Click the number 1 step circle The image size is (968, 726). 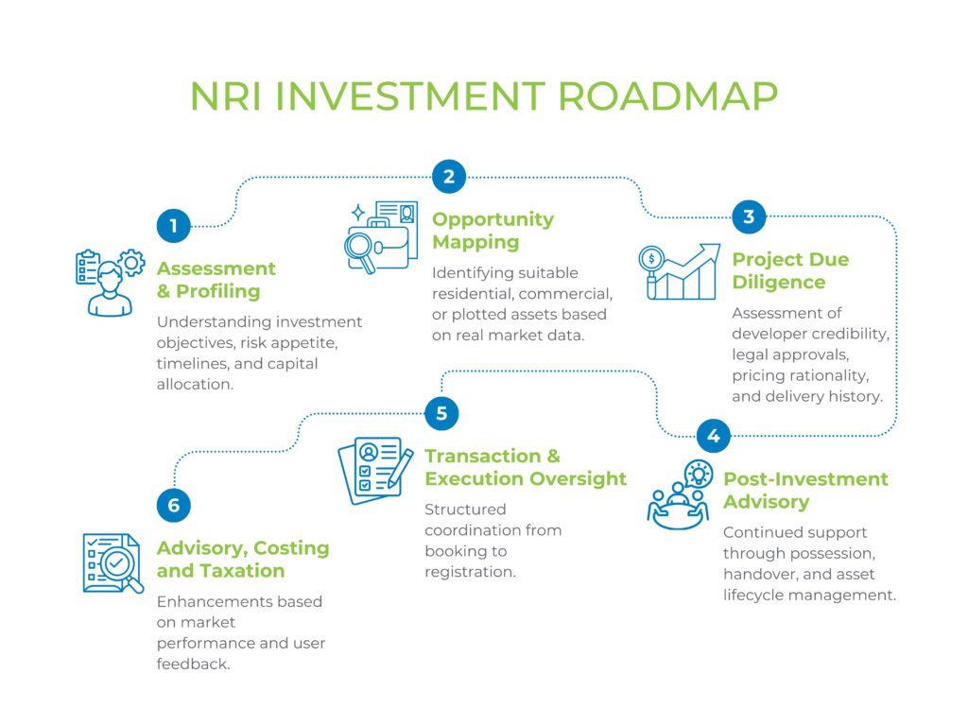click(174, 225)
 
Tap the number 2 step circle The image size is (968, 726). click(449, 176)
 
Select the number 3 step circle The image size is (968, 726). click(749, 216)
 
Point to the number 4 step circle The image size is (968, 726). click(714, 436)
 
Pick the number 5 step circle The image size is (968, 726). click(441, 412)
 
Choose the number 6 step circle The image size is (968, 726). click(174, 505)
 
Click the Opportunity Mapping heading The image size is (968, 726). click(493, 231)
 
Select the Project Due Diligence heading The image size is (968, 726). click(790, 270)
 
